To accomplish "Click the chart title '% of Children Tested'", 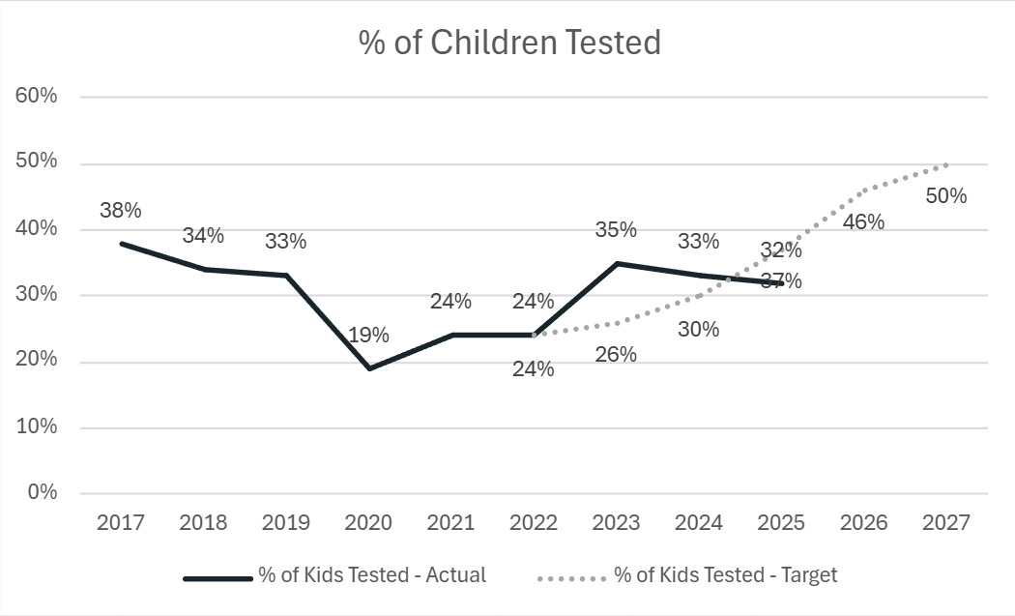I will point(509,44).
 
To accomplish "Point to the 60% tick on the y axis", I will point(37,97).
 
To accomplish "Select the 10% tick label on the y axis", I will point(37,426).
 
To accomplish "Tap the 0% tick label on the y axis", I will point(42,493).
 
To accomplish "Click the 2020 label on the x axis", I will point(368,523).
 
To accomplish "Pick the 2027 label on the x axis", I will point(945,523).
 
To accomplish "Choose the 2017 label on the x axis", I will point(121,523).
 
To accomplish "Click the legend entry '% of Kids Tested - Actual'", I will point(371,575).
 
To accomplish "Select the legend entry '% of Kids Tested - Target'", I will point(725,575).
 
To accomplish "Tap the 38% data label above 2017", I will point(121,210).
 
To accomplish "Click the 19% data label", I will point(368,336).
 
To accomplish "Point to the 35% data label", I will point(616,230).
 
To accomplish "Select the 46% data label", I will point(863,221).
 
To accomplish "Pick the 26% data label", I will point(616,355).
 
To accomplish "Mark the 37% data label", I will point(781,281).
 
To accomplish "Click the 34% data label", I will point(203,236).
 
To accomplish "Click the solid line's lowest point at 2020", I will point(368,368).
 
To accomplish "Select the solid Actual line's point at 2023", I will point(616,263).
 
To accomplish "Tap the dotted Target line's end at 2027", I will point(945,164).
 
